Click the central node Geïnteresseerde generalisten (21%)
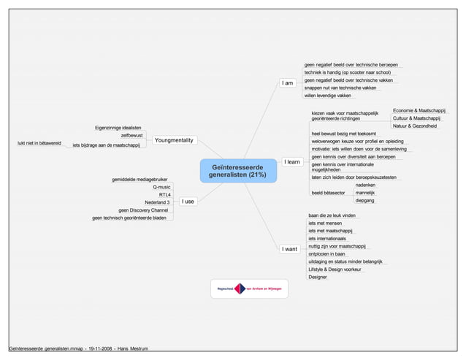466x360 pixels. pos(237,171)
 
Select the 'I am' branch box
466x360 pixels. pos(288,83)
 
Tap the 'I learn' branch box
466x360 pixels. pos(291,162)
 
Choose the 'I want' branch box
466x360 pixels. pos(290,249)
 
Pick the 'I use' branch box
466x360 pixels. pos(188,201)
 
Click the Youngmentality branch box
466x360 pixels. pos(174,139)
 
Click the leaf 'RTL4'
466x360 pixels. pos(164,195)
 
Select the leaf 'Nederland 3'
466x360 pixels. pos(157,202)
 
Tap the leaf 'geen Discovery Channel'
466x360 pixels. pos(143,210)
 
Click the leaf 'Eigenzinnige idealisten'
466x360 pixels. pos(118,128)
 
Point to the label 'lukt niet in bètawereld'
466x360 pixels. pos(39,143)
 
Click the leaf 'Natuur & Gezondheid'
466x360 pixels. pos(415,126)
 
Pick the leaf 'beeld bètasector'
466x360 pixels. pos(328,194)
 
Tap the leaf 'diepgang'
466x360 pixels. pos(365,201)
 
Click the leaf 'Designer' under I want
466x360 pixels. pos(318,277)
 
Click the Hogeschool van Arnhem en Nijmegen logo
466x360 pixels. pos(251,288)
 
